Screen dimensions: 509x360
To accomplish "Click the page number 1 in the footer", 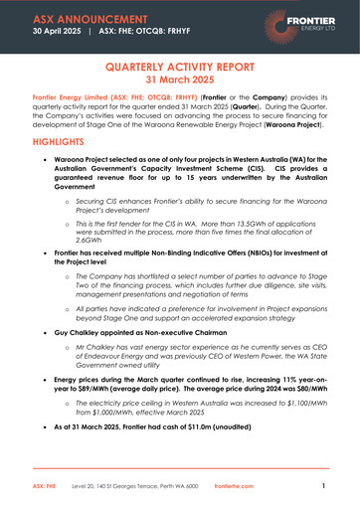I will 323,486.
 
